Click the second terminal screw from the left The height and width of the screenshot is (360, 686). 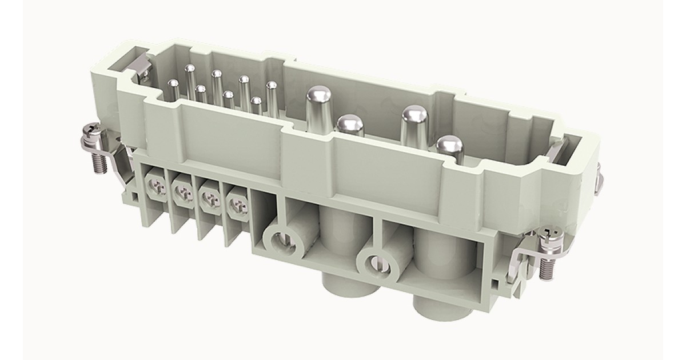click(x=183, y=195)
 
